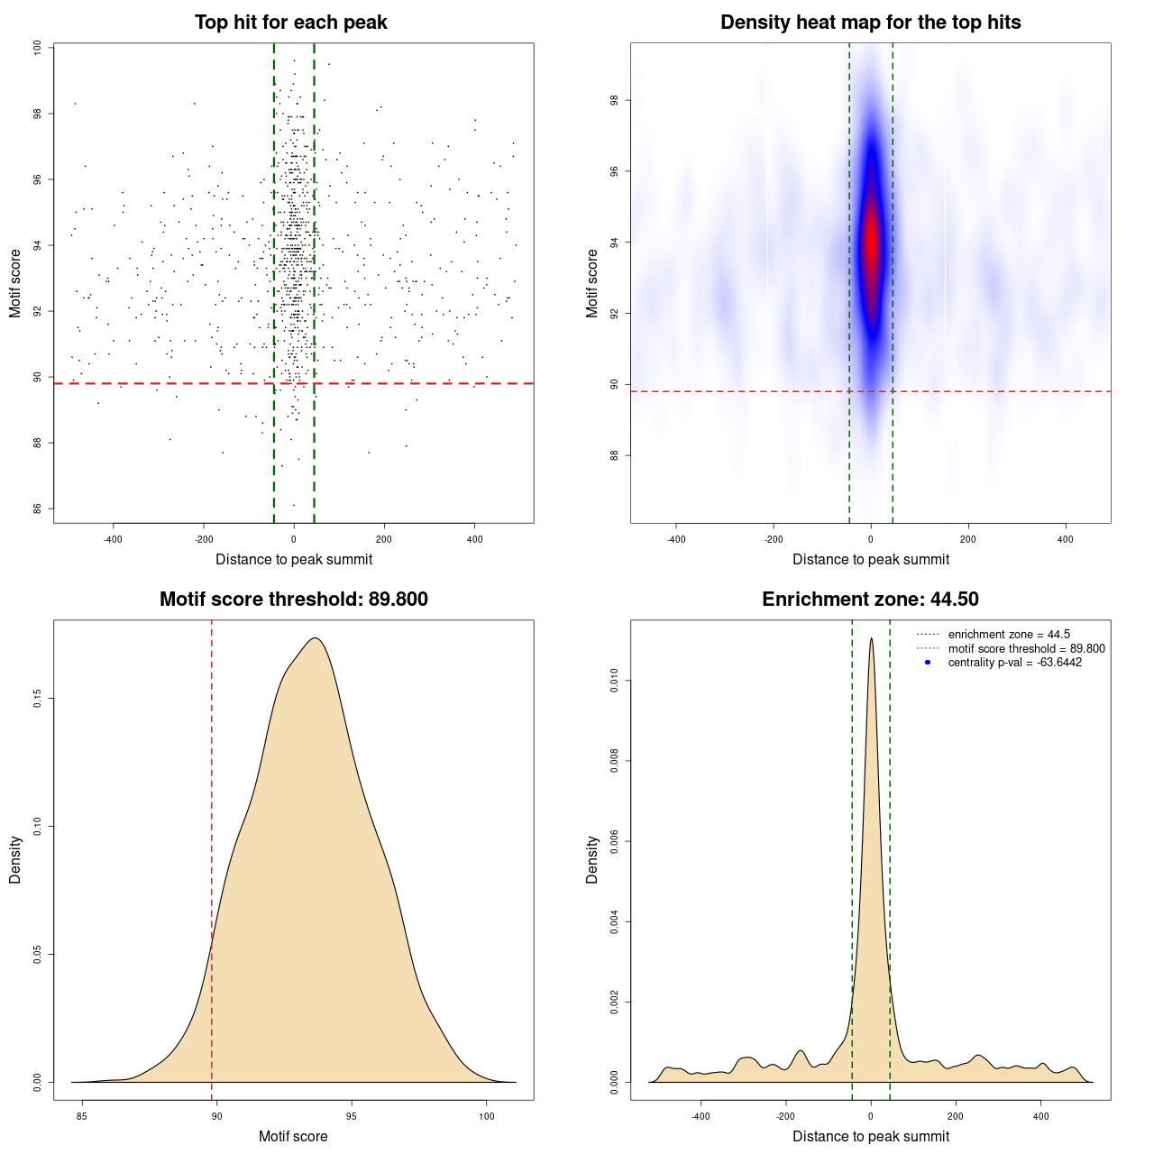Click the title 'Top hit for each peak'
(x=290, y=23)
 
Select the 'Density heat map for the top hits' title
(x=870, y=23)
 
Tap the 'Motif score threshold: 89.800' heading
(x=293, y=600)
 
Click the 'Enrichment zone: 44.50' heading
(x=870, y=600)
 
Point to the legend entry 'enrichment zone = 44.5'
(x=1008, y=635)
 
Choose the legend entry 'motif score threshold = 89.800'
(x=1026, y=649)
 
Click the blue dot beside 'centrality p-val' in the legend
(x=928, y=663)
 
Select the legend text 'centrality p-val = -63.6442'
(x=1014, y=663)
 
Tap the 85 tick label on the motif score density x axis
(x=82, y=1116)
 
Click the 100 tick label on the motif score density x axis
(x=487, y=1116)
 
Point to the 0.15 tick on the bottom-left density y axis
(x=37, y=699)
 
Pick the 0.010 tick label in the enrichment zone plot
(x=614, y=681)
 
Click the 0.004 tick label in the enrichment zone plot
(x=614, y=921)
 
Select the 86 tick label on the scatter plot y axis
(x=37, y=508)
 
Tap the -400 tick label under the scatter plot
(x=113, y=539)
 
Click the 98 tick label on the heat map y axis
(x=614, y=100)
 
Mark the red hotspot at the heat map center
(x=871, y=243)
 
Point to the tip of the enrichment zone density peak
(x=871, y=639)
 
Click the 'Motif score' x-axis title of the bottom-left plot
(x=293, y=1136)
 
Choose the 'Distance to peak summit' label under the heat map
(x=870, y=559)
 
